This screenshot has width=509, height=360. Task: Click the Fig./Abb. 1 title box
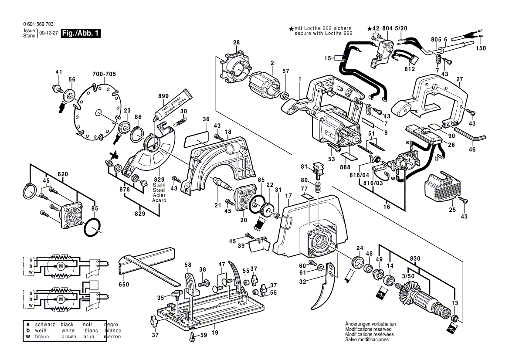coord(81,34)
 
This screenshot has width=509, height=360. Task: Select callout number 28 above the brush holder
coord(236,43)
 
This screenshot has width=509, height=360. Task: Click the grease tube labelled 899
coord(173,105)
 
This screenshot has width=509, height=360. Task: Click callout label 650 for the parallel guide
coord(124,285)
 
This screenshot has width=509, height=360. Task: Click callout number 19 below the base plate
coord(214,333)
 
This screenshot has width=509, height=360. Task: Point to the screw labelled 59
coord(192,336)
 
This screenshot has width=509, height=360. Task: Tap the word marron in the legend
coord(112,337)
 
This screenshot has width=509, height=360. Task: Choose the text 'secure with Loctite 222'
coord(323,33)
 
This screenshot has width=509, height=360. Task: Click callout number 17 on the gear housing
coord(288,196)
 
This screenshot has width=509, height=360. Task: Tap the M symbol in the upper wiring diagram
coord(61,265)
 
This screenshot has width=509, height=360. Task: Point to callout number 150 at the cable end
coord(480,48)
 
